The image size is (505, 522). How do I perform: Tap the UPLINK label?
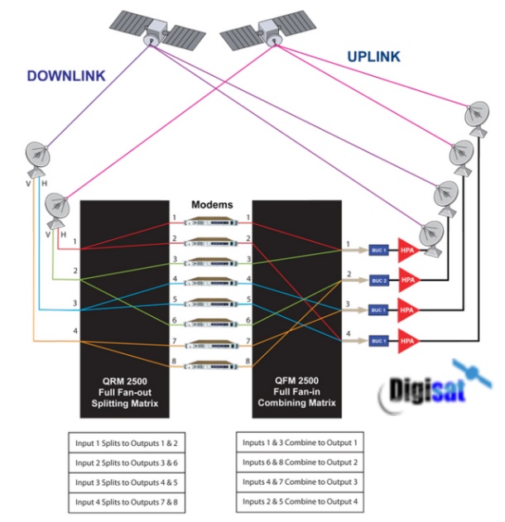tap(373, 57)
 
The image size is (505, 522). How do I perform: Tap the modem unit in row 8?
tap(213, 362)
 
